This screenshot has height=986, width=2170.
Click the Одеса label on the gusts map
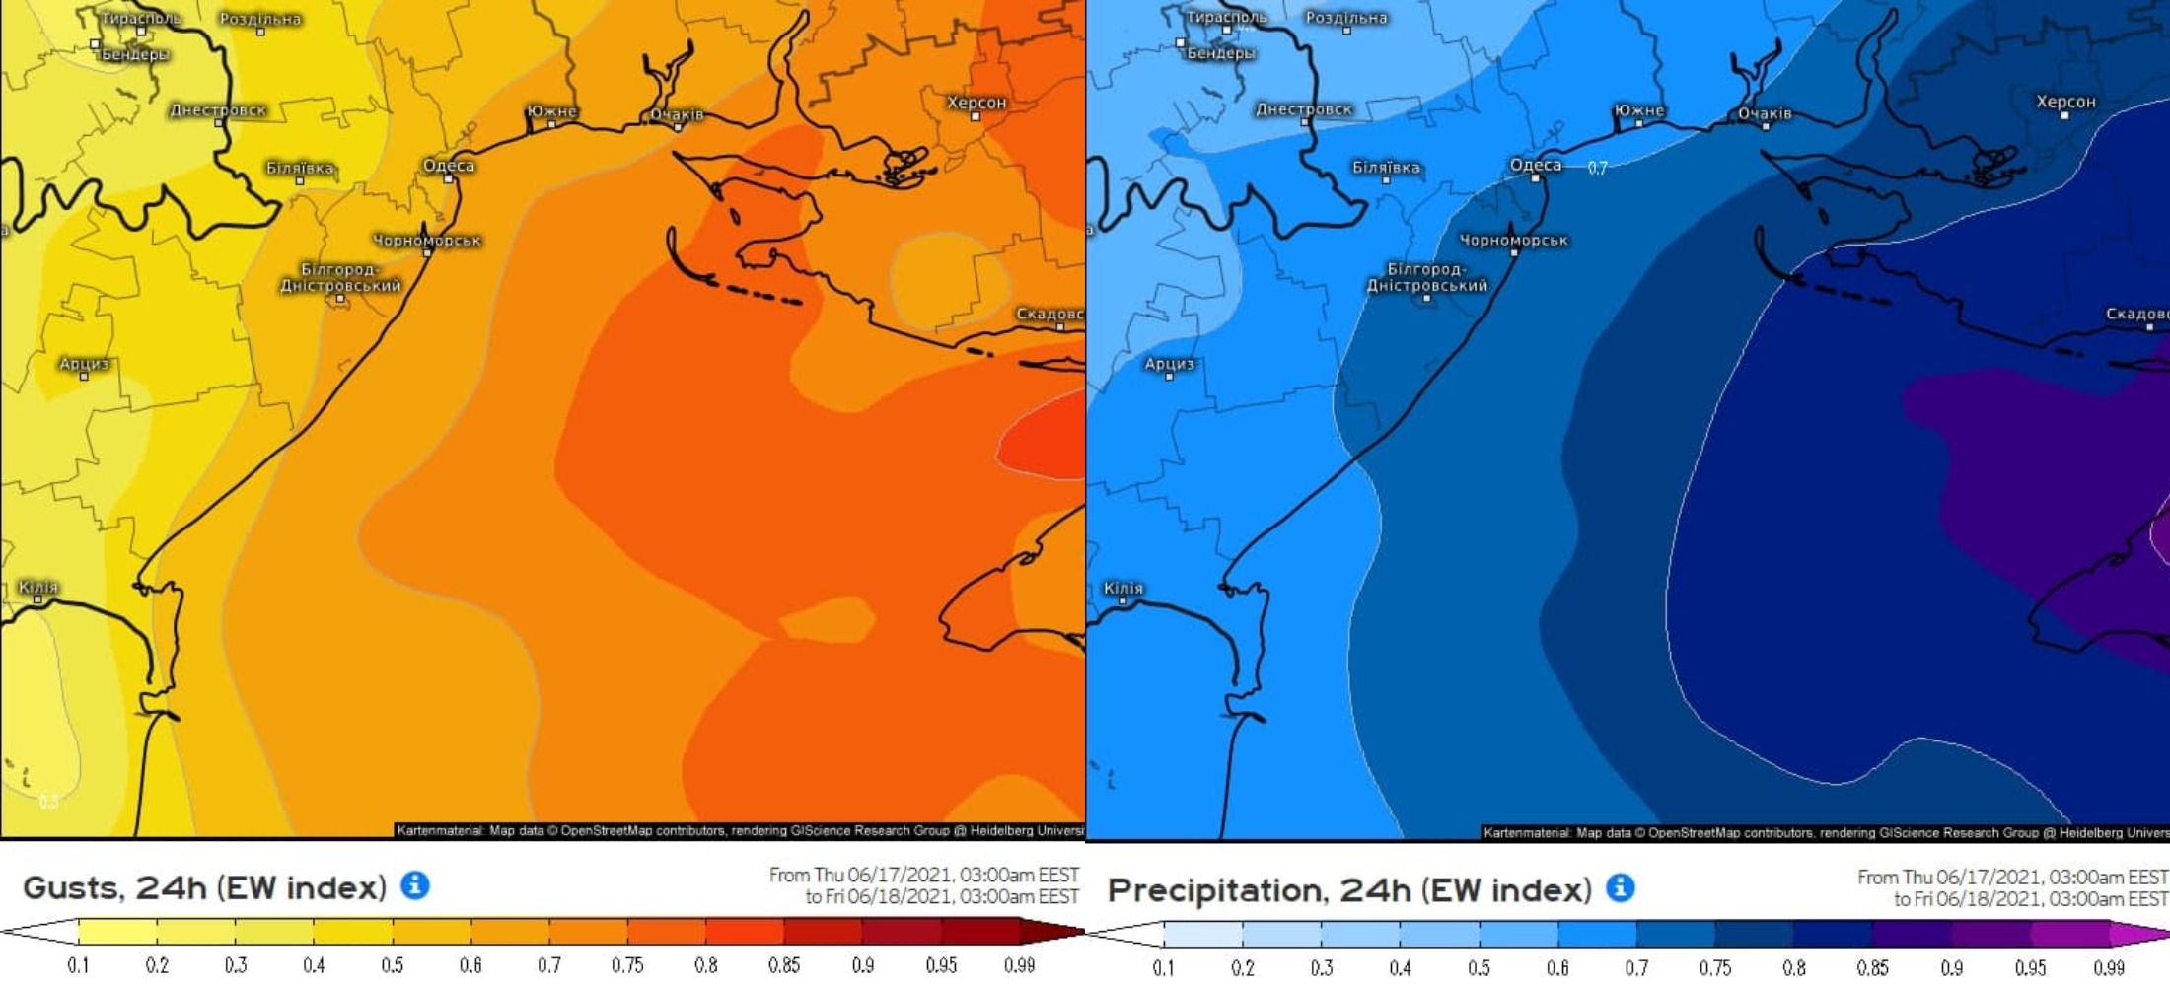click(x=449, y=165)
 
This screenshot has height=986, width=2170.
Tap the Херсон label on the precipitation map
click(x=2065, y=102)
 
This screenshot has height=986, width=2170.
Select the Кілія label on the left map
click(x=38, y=587)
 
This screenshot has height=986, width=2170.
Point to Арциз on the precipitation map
click(x=1169, y=363)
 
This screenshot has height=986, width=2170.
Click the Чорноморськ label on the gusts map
click(x=427, y=240)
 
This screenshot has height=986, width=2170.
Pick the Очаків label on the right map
click(x=1765, y=113)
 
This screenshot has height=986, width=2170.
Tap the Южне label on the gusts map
click(x=551, y=110)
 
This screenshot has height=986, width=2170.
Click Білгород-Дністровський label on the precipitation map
click(x=1426, y=277)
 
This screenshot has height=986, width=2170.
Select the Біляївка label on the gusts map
click(x=300, y=168)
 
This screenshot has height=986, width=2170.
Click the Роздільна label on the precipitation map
click(x=1346, y=18)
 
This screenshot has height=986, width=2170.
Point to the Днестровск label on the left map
click(x=218, y=109)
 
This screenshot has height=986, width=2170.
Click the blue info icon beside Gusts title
click(x=415, y=884)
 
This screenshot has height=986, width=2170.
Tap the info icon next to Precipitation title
click(x=1620, y=887)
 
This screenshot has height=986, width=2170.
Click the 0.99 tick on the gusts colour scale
click(x=1019, y=965)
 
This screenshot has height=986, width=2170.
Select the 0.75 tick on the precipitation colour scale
click(x=1714, y=967)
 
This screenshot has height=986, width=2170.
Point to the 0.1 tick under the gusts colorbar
click(x=78, y=965)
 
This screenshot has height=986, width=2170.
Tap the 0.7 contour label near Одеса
click(x=1597, y=168)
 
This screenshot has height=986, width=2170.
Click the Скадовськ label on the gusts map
click(x=1049, y=314)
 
